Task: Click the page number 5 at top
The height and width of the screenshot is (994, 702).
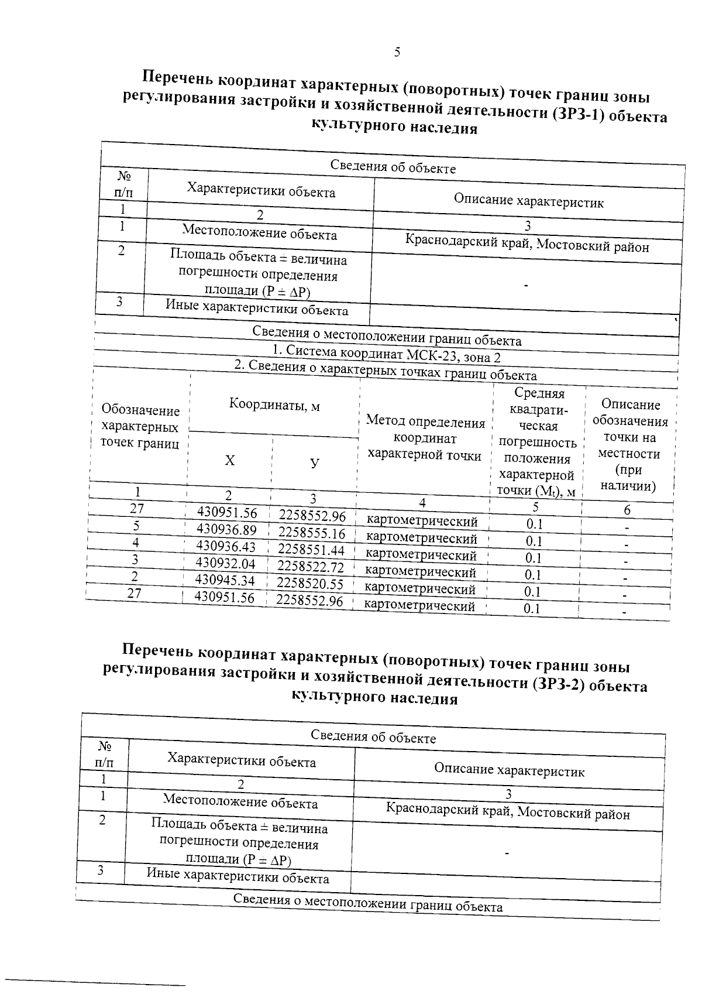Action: [397, 52]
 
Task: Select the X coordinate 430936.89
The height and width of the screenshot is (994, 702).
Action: [227, 530]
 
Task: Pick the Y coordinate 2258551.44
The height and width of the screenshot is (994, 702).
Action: [311, 550]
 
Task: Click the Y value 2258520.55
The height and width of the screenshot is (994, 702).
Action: [310, 584]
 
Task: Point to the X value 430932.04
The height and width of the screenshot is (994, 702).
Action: [226, 564]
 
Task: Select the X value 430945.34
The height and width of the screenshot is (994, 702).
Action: [225, 580]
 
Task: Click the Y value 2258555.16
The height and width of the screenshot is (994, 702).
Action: [312, 533]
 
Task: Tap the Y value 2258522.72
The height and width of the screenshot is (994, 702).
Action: [311, 567]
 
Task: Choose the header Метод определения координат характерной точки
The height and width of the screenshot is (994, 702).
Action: [425, 438]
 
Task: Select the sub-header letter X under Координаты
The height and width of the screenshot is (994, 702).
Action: [230, 461]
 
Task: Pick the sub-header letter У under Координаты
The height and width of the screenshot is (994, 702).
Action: [315, 463]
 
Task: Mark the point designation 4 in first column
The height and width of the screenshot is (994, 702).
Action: [135, 543]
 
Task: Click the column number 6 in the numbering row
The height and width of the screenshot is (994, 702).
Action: [627, 510]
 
